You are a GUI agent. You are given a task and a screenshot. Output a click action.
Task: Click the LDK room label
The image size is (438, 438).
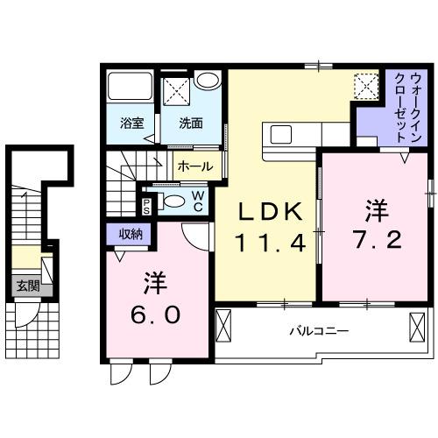coord(272,213)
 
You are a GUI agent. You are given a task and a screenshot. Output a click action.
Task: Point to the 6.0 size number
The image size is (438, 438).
coord(159,313)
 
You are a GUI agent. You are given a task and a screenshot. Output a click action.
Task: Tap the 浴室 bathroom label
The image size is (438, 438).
coord(132,124)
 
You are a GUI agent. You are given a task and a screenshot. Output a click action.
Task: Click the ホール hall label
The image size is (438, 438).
coord(193,165)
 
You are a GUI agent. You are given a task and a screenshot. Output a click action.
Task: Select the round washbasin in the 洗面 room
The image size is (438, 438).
coord(208,81)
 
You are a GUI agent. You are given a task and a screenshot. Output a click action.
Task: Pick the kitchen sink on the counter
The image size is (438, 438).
coord(283,134)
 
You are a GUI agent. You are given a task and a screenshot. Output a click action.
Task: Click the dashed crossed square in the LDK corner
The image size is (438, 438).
coord(364,85)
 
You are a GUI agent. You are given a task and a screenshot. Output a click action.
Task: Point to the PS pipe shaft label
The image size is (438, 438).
coord(146,205)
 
